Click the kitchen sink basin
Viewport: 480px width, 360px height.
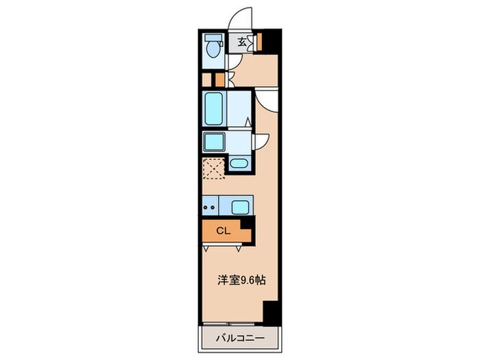pos(240,206)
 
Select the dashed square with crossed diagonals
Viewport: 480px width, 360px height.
pos(213,168)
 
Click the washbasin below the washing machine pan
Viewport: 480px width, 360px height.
pos(239,163)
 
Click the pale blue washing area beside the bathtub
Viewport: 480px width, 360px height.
pos(238,108)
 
